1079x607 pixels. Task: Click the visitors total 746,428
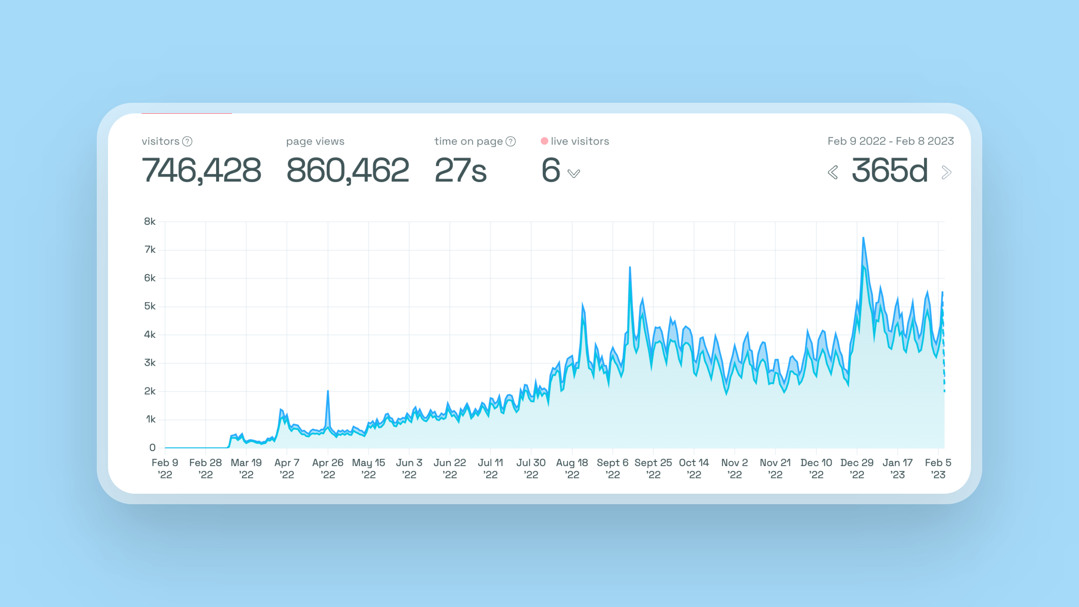pyautogui.click(x=201, y=170)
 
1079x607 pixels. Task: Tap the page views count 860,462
pyautogui.click(x=347, y=170)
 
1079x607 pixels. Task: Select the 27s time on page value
pyautogui.click(x=460, y=170)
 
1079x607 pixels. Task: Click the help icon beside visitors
pyautogui.click(x=188, y=141)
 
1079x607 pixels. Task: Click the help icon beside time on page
pyautogui.click(x=511, y=141)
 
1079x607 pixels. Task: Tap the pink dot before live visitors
pyautogui.click(x=544, y=141)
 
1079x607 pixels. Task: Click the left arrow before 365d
pyautogui.click(x=833, y=172)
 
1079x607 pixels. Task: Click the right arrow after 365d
pyautogui.click(x=946, y=172)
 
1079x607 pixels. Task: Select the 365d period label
pyautogui.click(x=890, y=170)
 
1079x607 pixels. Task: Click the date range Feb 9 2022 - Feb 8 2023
pyautogui.click(x=891, y=141)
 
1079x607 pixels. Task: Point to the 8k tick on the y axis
pyautogui.click(x=150, y=222)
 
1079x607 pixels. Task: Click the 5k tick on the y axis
pyautogui.click(x=150, y=306)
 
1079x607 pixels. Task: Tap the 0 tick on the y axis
pyautogui.click(x=152, y=448)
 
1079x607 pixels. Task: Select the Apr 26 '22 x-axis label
pyautogui.click(x=328, y=468)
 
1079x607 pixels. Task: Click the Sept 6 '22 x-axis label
pyautogui.click(x=612, y=468)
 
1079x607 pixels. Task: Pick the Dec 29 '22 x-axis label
pyautogui.click(x=857, y=468)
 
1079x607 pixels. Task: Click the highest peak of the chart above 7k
pyautogui.click(x=863, y=238)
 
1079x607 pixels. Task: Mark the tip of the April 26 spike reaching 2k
pyautogui.click(x=328, y=391)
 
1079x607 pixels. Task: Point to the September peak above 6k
pyautogui.click(x=630, y=267)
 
